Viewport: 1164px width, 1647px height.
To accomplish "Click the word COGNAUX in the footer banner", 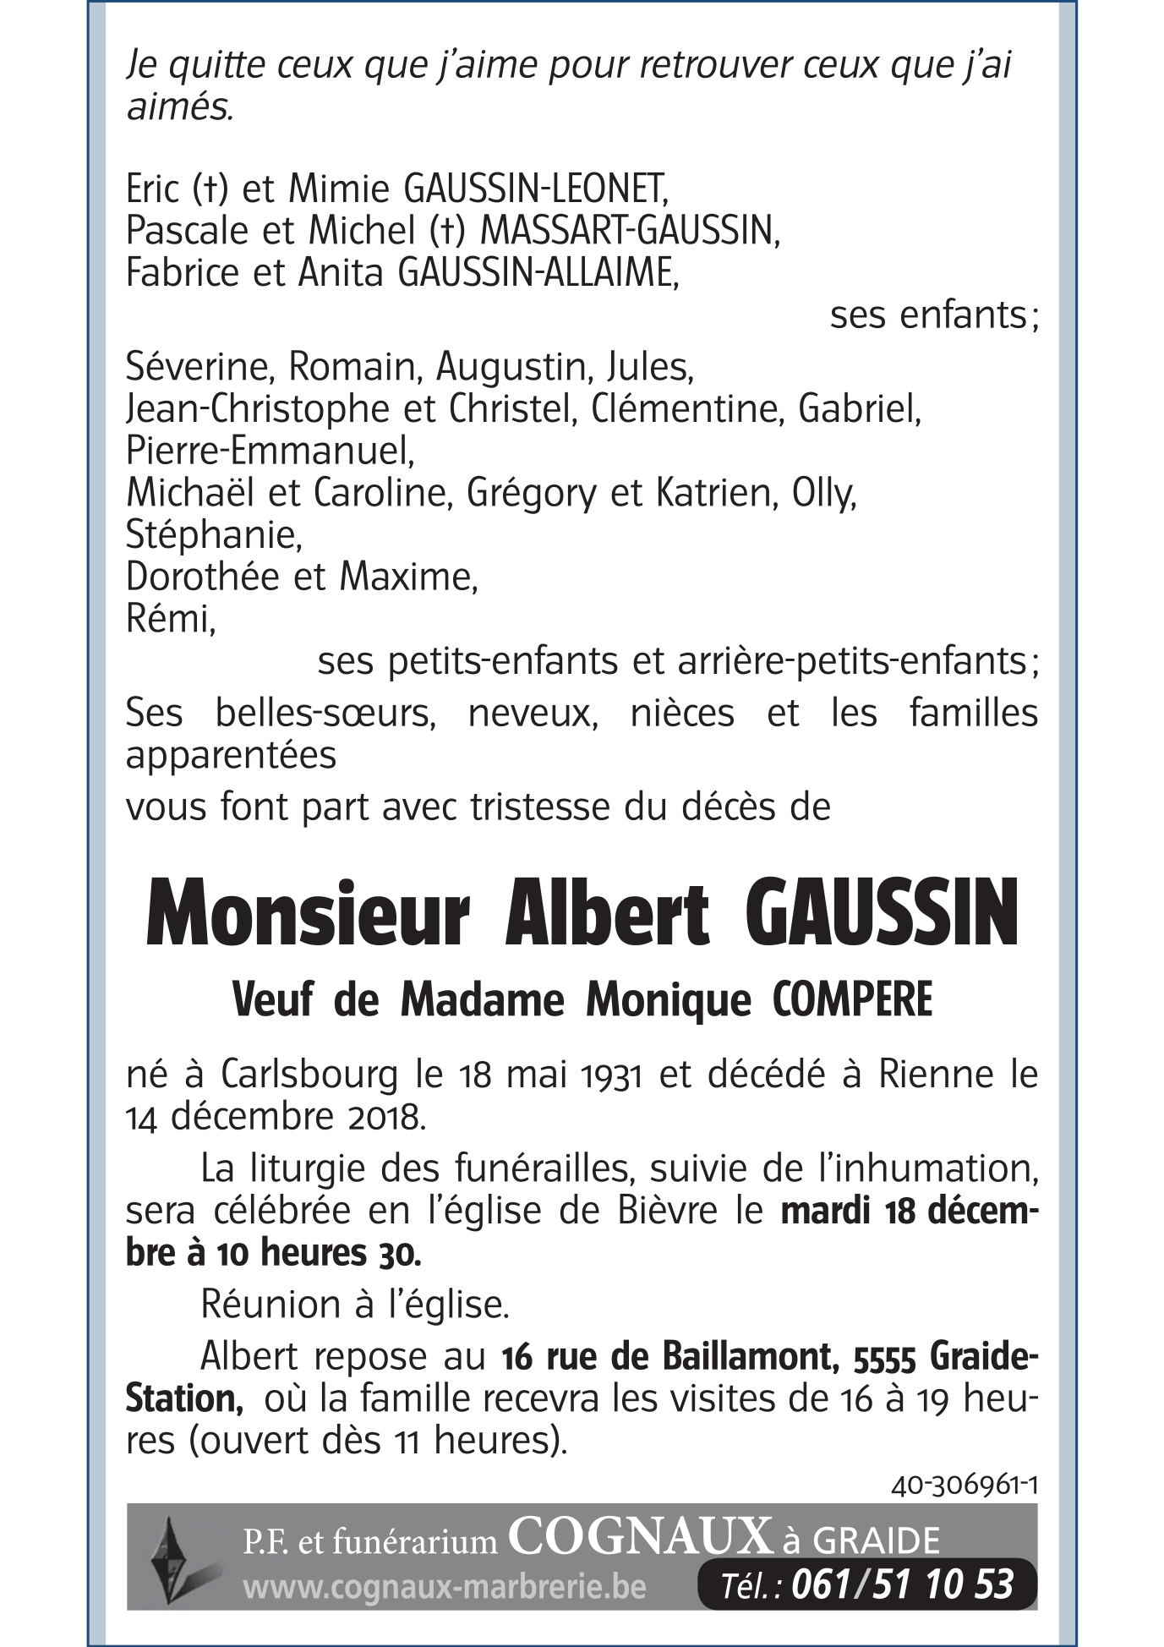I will point(641,1537).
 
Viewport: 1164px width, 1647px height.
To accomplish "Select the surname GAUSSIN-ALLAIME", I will point(537,273).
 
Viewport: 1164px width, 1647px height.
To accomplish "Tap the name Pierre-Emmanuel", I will point(270,451).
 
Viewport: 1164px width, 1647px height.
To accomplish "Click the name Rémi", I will point(170,620).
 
